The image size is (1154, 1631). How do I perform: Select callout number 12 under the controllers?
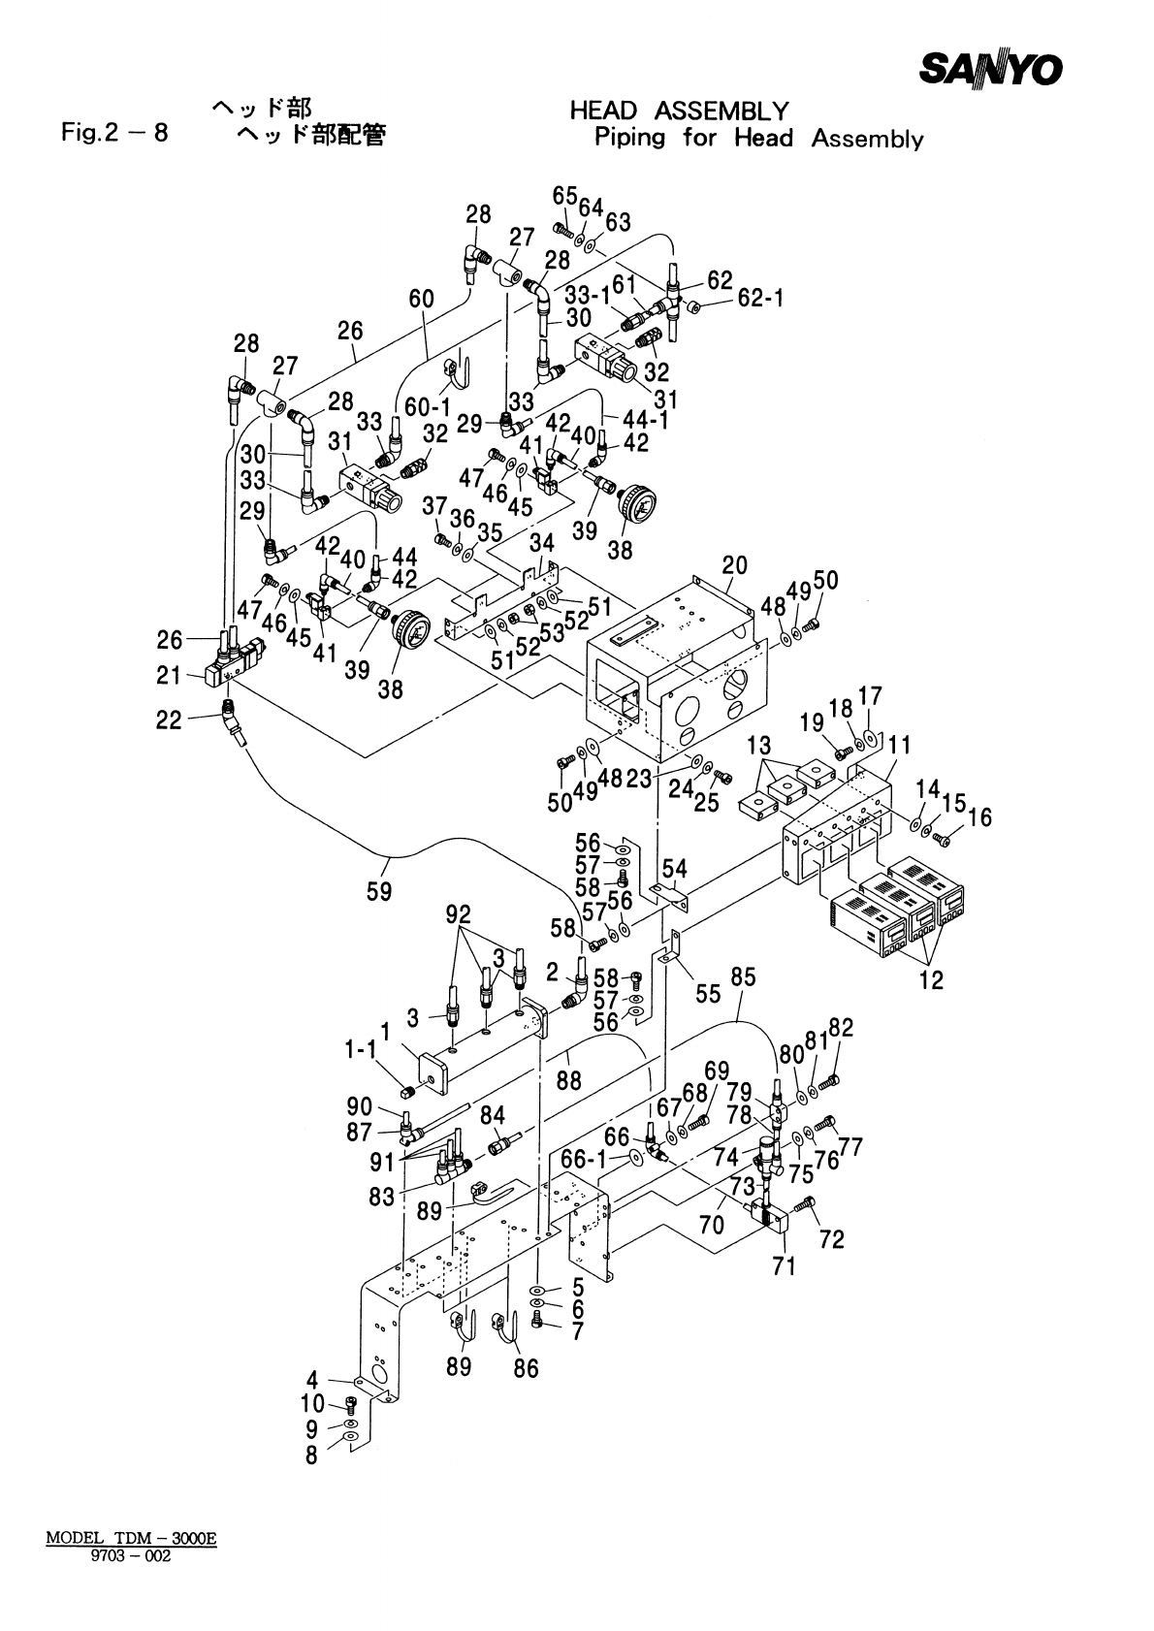tap(930, 979)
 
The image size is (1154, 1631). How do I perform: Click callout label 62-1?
tap(759, 301)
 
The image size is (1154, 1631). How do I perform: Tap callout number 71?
tap(784, 1264)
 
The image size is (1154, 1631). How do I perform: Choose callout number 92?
tap(458, 914)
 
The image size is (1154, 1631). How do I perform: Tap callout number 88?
tap(569, 1080)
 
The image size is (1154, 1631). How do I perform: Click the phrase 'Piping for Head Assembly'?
tap(757, 138)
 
